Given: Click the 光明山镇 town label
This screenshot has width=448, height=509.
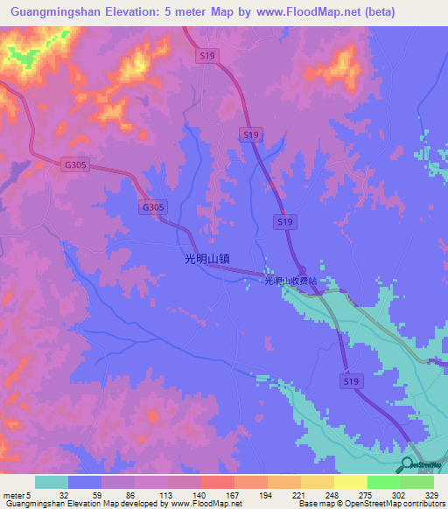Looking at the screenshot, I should pos(206,258).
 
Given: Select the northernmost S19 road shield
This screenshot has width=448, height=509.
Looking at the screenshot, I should pos(206,54).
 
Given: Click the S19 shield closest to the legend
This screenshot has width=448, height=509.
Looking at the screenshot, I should pos(351,381).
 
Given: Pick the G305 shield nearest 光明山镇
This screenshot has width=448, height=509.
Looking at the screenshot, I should pos(152,207).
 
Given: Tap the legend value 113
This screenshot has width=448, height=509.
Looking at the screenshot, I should pos(167,495).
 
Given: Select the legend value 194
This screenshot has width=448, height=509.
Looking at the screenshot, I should pos(267,495).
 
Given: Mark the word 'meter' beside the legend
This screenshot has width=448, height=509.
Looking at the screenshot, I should pos(13,495).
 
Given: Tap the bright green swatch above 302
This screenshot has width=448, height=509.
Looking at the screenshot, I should pos(383,482).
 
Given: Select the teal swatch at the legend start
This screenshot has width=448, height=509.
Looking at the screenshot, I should pos(52,482).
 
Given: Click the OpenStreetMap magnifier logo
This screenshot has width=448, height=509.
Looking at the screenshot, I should pos(409,465).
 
